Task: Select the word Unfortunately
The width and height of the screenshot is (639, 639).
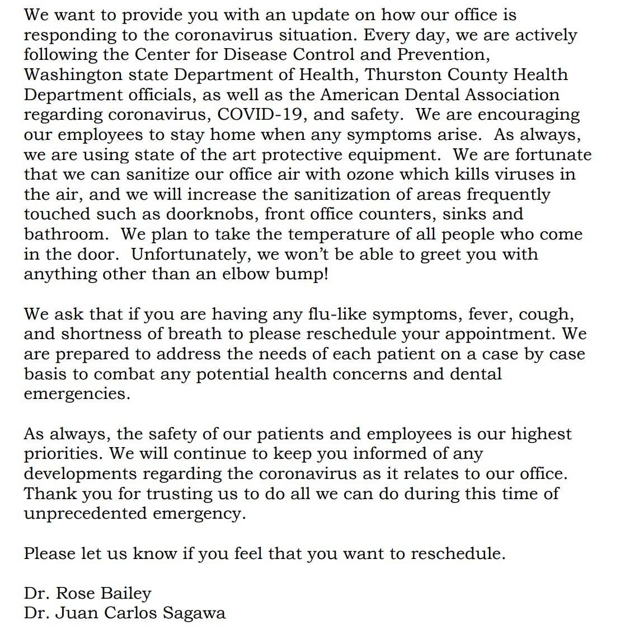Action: tap(187, 254)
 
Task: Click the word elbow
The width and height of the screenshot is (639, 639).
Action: tap(253, 274)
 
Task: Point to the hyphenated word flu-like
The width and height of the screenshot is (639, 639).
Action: tap(337, 314)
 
